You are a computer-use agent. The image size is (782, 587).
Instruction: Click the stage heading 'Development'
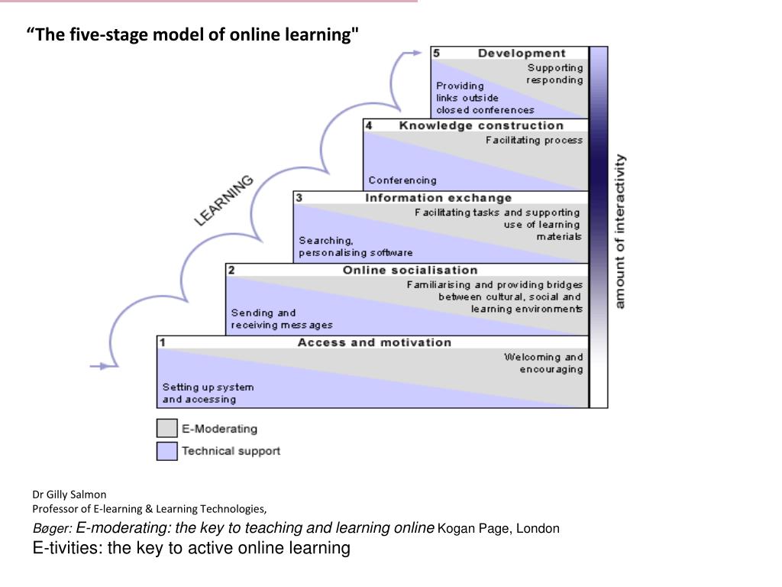coord(522,54)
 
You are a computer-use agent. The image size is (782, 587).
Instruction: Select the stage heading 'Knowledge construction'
coord(481,125)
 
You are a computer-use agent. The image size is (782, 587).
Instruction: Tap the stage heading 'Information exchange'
coord(438,198)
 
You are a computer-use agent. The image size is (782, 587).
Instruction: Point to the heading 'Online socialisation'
coord(410,270)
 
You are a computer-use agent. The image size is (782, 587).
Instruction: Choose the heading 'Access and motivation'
coord(374,342)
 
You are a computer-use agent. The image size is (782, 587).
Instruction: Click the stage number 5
coord(436,54)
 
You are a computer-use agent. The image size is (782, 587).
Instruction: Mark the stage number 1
coord(163,343)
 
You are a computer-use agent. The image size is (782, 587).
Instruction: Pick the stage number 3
coord(299,198)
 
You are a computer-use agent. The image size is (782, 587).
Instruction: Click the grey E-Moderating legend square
coord(166,429)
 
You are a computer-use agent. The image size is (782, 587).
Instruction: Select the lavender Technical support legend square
coord(166,451)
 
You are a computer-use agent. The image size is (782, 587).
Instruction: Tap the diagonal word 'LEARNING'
coord(225,200)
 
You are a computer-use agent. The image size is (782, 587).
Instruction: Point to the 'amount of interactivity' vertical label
coord(620,232)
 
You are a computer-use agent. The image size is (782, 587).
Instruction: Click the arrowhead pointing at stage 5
coord(415,53)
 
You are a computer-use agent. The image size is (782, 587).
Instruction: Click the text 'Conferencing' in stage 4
coord(402,180)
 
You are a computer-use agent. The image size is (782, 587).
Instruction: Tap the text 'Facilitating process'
coord(534,141)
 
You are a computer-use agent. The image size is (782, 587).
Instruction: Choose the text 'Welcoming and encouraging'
coord(543,363)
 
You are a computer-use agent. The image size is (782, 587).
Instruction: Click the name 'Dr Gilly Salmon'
coord(69,495)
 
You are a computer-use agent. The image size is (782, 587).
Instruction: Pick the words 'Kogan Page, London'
coord(499,528)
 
